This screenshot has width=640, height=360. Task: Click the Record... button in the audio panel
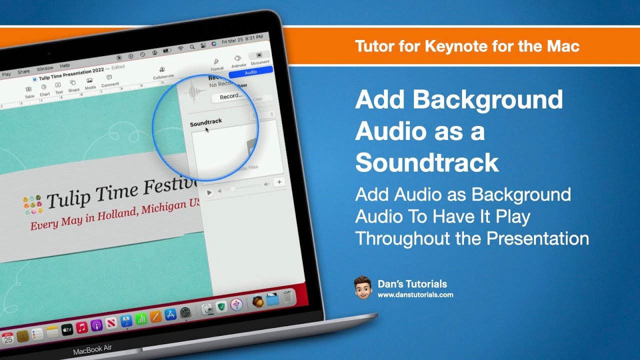pyautogui.click(x=231, y=96)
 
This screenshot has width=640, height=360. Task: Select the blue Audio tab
pyautogui.click(x=250, y=72)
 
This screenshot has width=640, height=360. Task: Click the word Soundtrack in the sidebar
pyautogui.click(x=206, y=122)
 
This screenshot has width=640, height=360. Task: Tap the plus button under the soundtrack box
pyautogui.click(x=279, y=182)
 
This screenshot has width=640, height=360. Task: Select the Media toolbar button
pyautogui.click(x=89, y=82)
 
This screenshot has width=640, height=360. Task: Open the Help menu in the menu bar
pyautogui.click(x=65, y=65)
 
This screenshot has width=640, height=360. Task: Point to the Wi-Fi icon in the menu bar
pyautogui.click(x=180, y=48)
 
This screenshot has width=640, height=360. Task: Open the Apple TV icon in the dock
pyautogui.click(x=67, y=329)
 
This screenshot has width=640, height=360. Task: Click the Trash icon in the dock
pyautogui.click(x=286, y=298)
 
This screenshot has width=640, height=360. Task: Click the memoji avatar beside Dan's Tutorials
pyautogui.click(x=363, y=287)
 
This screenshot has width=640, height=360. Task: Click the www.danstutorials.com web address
pyautogui.click(x=415, y=295)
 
